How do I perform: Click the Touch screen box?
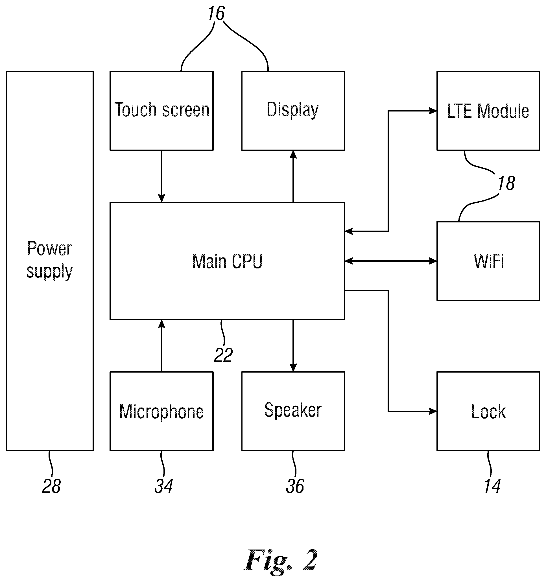[161, 111]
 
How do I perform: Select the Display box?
[293, 111]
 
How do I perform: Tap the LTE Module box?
[488, 111]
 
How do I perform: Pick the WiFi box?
[488, 261]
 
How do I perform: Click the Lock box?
[488, 411]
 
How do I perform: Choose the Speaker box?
[293, 411]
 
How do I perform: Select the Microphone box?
[161, 411]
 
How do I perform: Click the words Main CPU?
[227, 261]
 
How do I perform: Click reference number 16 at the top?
[216, 13]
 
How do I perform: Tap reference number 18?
[506, 183]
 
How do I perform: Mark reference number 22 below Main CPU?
[223, 355]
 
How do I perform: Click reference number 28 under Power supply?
[52, 486]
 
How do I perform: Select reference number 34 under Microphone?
[164, 486]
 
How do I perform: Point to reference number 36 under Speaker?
[295, 486]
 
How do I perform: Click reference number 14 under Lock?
[492, 486]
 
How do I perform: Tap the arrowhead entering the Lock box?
[433, 411]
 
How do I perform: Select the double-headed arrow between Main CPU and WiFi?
[391, 261]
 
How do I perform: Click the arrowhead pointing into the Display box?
[293, 155]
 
